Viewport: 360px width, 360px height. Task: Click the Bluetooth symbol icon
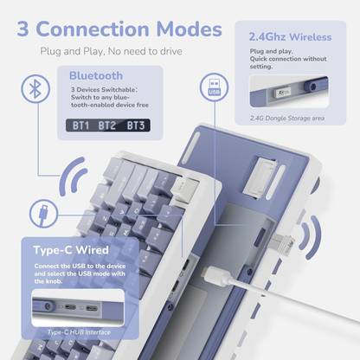pos(34,88)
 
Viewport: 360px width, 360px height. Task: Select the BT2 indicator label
pos(108,125)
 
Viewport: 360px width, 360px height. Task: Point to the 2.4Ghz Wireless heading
pos(288,37)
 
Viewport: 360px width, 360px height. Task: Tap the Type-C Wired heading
pos(70,251)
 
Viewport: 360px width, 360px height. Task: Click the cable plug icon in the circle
pos(42,213)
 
